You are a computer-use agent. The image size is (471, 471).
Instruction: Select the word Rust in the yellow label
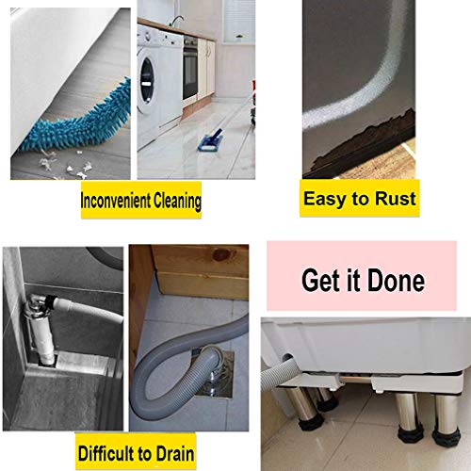(394, 199)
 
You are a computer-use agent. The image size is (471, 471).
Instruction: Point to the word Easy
(324, 199)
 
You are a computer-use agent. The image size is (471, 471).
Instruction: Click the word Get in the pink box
(319, 280)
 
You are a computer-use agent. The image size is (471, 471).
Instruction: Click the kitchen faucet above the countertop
(175, 19)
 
